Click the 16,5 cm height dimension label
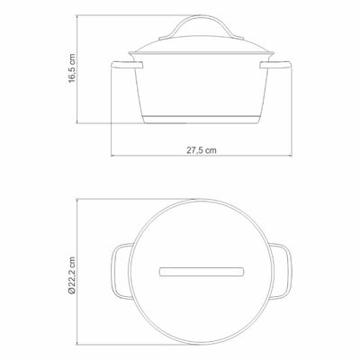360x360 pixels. [x=72, y=68]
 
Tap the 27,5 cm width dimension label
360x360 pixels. [x=202, y=150]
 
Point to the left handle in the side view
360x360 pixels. [x=127, y=65]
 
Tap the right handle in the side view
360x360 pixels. [x=275, y=65]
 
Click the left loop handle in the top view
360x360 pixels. [x=122, y=272]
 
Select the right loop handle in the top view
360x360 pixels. [x=281, y=272]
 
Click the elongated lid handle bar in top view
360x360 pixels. [x=202, y=272]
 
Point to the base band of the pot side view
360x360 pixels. [x=202, y=119]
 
